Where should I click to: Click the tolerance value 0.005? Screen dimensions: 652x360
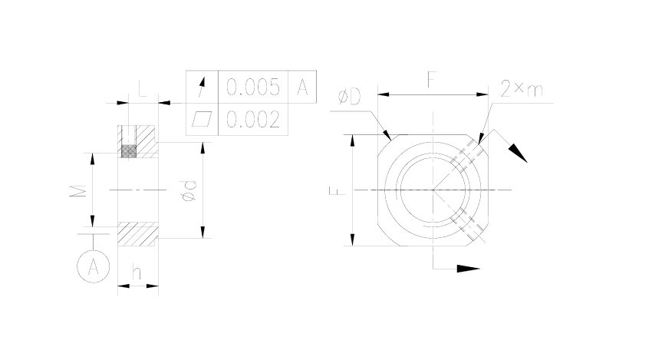[253, 87]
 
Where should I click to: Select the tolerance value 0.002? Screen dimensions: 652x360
[253, 120]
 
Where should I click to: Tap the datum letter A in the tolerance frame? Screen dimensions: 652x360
[302, 87]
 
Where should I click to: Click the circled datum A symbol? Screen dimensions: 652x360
[93, 266]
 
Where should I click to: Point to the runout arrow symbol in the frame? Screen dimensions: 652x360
[202, 87]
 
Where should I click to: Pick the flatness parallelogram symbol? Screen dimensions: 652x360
[202, 119]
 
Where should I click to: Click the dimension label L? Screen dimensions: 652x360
[142, 88]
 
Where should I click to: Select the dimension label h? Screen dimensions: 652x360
[137, 272]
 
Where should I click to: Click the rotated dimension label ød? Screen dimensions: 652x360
[189, 191]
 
